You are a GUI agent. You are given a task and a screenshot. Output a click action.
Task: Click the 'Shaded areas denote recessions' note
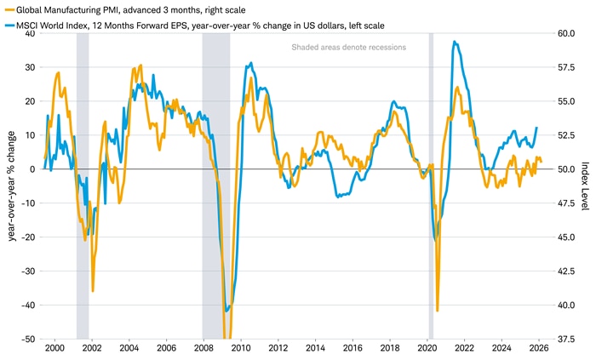348,47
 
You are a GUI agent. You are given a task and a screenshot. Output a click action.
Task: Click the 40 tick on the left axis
30,33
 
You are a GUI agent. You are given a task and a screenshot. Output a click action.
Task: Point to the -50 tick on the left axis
28,339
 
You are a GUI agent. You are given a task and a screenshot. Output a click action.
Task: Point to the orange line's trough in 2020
438,311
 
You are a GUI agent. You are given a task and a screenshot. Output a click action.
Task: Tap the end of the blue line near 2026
537,128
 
